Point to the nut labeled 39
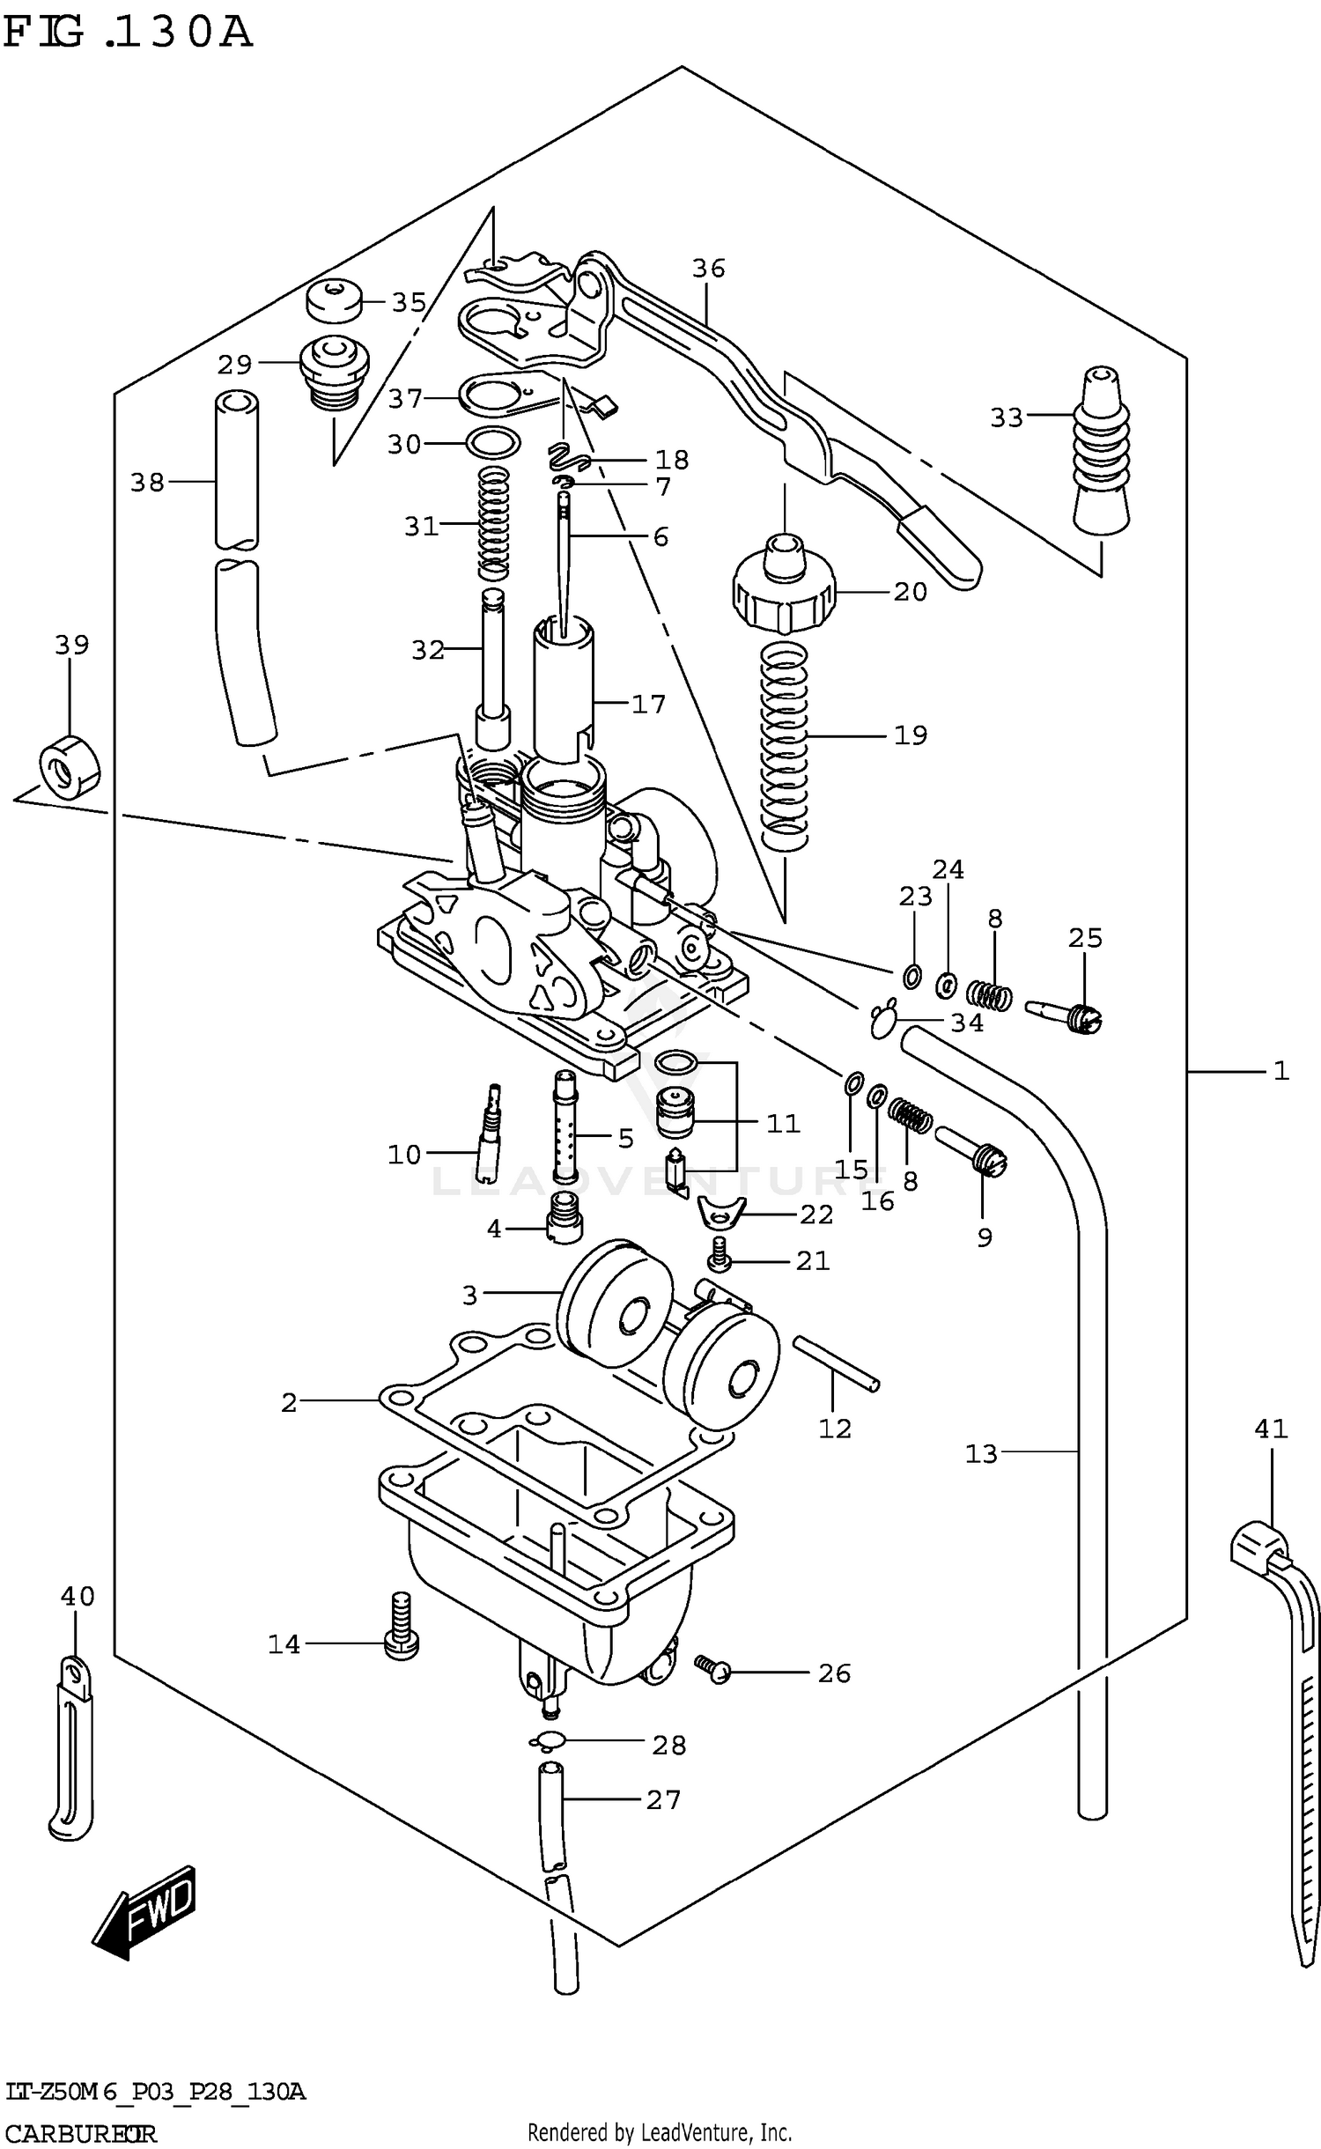coord(70,766)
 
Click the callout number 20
coord(910,591)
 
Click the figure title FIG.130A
coord(128,33)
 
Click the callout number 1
coord(1280,1071)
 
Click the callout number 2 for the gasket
coord(289,1402)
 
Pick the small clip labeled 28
coord(547,1741)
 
